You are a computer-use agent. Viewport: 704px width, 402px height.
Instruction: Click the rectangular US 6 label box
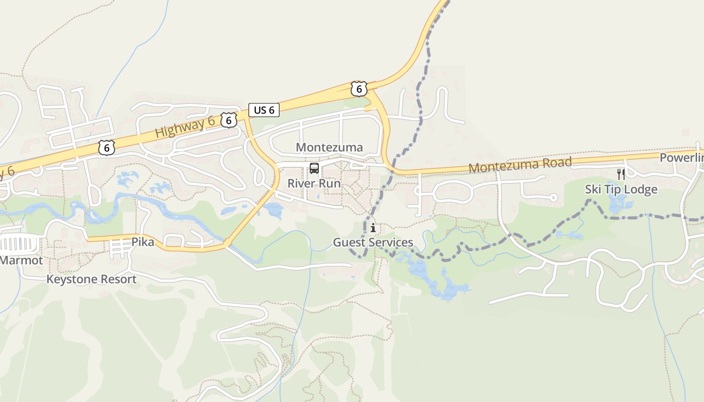[x=264, y=110]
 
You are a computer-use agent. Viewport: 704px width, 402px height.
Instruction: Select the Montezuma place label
[x=329, y=147]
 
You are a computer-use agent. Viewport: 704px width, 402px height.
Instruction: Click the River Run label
[x=314, y=183]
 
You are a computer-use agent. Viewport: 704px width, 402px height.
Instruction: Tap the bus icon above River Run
[x=314, y=168]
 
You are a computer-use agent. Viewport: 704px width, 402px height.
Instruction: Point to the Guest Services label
[x=373, y=243]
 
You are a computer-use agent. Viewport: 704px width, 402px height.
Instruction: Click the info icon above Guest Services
[x=373, y=228]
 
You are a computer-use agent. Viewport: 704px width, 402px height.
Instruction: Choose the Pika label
[x=142, y=242]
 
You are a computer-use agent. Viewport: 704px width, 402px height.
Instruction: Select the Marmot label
[x=21, y=260]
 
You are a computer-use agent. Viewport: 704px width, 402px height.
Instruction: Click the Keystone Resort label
[x=92, y=279]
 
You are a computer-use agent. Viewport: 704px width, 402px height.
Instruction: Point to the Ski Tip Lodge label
[x=621, y=189]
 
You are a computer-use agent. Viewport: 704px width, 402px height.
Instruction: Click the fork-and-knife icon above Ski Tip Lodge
[x=621, y=174]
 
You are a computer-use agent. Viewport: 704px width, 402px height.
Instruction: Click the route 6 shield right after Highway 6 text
[x=229, y=120]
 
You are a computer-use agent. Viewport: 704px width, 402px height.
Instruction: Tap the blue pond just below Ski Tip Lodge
[x=617, y=204]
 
